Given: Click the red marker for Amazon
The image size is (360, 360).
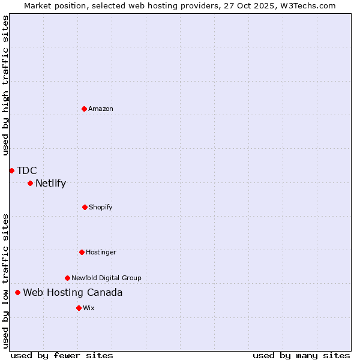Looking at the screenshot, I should click(84, 109).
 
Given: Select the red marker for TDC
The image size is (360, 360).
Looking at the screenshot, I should click(11, 170).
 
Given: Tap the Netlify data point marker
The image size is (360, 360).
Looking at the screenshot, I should click(30, 183).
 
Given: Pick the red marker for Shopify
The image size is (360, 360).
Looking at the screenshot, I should click(85, 207).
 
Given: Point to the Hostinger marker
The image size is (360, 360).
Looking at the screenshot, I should click(82, 252).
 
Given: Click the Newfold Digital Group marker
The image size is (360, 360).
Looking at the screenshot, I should click(67, 278).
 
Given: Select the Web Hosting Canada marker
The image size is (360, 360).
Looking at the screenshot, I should click(17, 292).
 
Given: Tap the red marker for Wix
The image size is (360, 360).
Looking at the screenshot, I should click(79, 308).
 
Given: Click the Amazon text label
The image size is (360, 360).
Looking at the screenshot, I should click(101, 109).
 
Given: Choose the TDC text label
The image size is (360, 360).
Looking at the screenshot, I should click(27, 170).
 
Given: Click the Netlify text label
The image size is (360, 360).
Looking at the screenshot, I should click(50, 183).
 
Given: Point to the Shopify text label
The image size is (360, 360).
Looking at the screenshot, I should click(100, 207).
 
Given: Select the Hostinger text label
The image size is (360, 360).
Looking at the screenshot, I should click(101, 252).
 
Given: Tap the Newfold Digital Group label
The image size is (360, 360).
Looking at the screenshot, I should click(106, 278).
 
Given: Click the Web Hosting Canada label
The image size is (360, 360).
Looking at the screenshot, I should click(73, 292).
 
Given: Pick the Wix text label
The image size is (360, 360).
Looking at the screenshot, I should click(89, 308).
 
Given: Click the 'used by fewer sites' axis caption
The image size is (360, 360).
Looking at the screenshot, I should click(62, 355).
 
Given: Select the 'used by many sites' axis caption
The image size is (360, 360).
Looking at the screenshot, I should click(301, 355).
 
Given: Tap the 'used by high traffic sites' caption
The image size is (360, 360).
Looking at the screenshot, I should click(5, 85).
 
